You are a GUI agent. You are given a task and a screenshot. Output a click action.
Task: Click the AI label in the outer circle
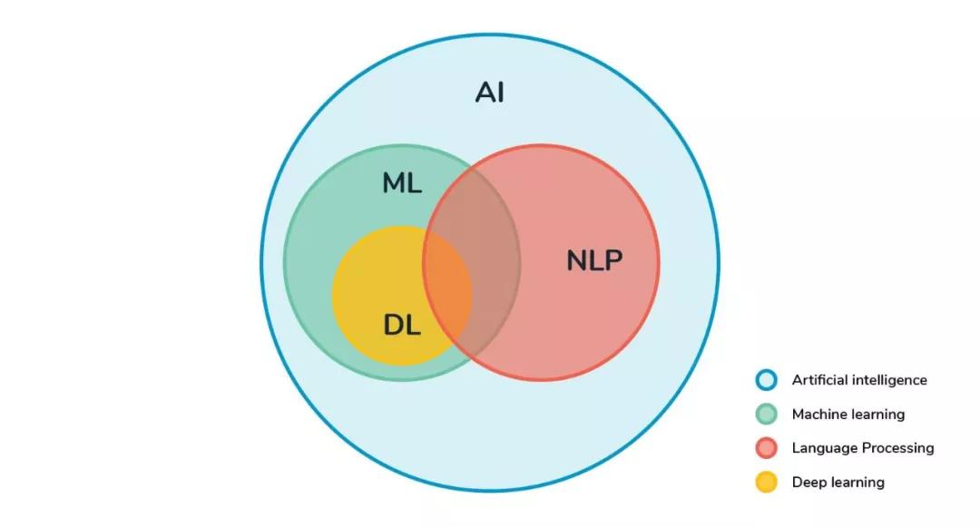tap(490, 93)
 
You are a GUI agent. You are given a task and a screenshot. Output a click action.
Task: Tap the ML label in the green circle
tap(402, 183)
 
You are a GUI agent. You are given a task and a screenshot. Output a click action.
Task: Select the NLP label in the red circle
tap(594, 261)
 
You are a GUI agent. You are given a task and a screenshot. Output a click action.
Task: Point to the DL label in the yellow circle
tap(402, 325)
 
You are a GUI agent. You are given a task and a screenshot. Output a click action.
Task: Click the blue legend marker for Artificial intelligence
tap(767, 381)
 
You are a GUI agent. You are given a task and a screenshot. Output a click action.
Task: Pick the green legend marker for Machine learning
tap(767, 415)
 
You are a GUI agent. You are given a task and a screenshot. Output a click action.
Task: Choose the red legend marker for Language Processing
tap(767, 448)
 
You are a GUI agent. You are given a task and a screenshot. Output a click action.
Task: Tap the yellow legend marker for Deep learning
tap(767, 482)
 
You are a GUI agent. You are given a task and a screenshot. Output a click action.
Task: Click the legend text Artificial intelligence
tap(859, 381)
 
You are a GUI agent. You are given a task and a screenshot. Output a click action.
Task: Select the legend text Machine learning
tap(848, 415)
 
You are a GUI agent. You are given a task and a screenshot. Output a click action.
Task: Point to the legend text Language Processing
tap(863, 448)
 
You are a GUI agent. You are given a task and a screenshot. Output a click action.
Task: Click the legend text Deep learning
tap(838, 482)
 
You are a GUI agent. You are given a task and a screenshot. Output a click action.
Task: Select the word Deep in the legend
tap(808, 482)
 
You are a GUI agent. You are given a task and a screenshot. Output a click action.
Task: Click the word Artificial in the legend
tap(819, 381)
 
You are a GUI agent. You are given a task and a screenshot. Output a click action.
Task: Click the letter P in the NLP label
tap(612, 261)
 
